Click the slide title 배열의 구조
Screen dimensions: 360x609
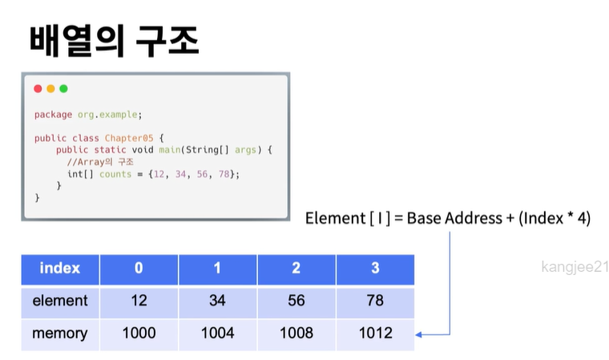click(x=115, y=40)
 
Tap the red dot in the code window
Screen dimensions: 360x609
click(x=38, y=88)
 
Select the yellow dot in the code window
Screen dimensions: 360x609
click(x=50, y=88)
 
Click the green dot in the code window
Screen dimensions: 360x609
click(x=63, y=88)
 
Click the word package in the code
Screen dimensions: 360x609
click(x=53, y=115)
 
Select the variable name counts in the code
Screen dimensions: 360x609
click(x=115, y=174)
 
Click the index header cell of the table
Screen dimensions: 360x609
click(x=60, y=269)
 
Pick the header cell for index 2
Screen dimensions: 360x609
click(x=296, y=269)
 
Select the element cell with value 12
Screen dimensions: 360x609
click(x=139, y=301)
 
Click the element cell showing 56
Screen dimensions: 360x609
click(x=296, y=301)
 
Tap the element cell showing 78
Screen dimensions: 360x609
click(x=375, y=301)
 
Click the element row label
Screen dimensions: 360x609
click(x=60, y=301)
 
